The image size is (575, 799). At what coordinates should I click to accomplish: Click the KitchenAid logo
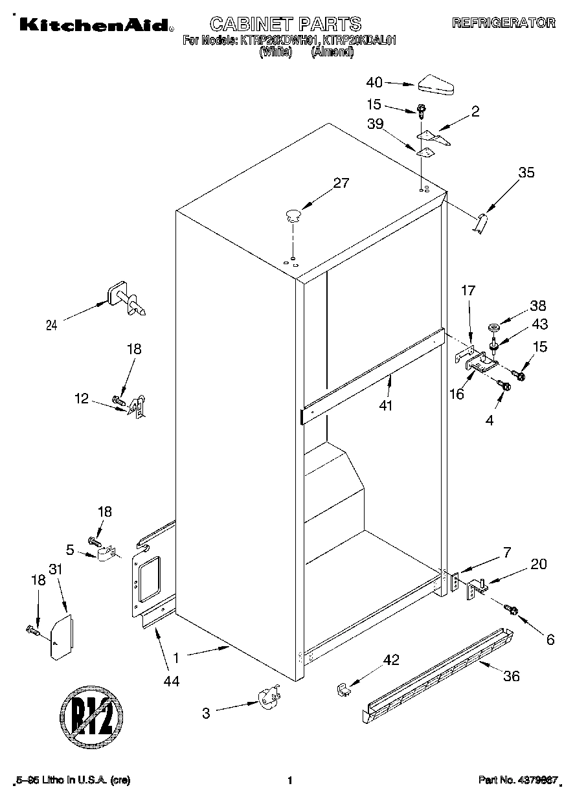pos(95,25)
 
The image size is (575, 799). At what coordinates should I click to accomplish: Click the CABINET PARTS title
pos(286,24)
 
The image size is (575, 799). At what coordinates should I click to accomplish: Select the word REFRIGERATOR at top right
pos(503,23)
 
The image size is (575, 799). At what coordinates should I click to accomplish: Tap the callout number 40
pos(375,82)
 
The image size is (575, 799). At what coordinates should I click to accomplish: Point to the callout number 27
pos(341,183)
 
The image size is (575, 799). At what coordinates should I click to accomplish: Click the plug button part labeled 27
pos(293,215)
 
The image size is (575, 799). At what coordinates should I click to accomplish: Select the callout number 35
pos(526,172)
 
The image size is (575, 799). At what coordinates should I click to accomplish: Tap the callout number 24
pos(51,326)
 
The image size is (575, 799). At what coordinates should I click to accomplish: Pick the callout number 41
pos(388,406)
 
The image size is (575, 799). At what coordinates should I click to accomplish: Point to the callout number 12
pos(81,399)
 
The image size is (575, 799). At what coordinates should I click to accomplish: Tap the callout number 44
pos(172,681)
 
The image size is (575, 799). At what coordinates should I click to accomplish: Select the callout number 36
pos(512,677)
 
